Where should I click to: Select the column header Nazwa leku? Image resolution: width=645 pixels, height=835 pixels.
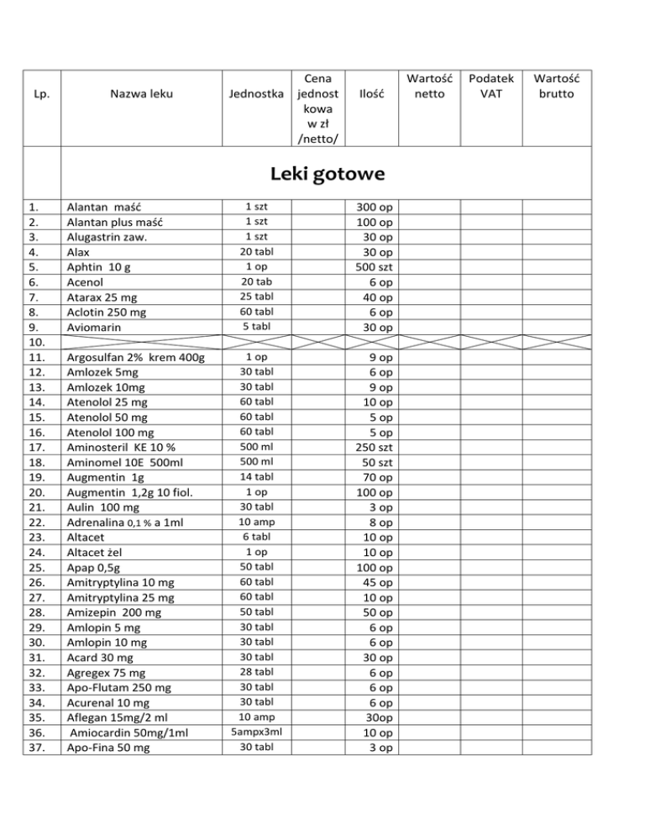141,93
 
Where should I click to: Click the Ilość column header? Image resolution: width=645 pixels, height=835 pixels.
370,93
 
